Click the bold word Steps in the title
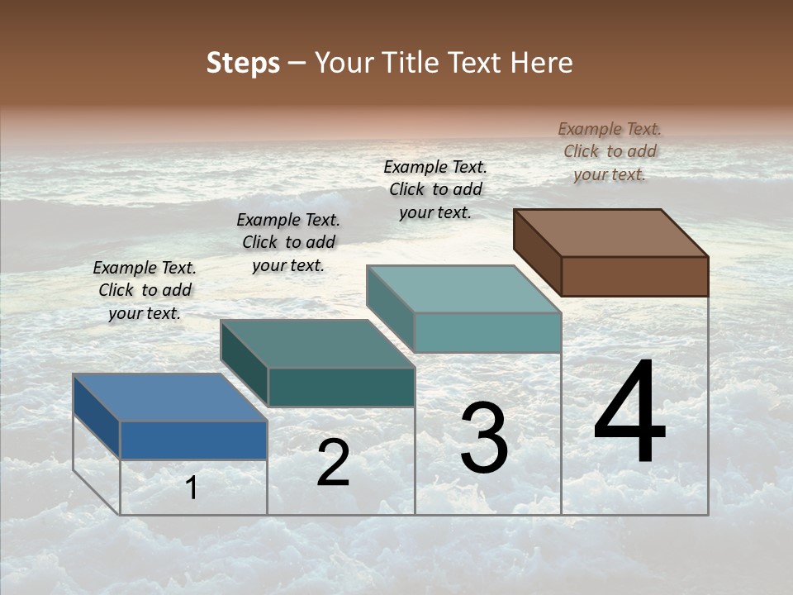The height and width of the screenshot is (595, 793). click(x=243, y=63)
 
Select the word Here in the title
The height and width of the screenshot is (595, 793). click(x=542, y=63)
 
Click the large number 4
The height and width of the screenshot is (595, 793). click(x=629, y=413)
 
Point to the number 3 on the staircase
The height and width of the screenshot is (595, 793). click(x=484, y=438)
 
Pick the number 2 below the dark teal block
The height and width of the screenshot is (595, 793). click(x=333, y=463)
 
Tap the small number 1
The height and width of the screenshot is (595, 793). click(x=192, y=488)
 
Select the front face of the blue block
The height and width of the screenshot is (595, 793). click(x=193, y=440)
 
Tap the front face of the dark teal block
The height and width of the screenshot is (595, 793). click(x=341, y=387)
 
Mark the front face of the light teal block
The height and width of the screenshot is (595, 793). click(x=487, y=332)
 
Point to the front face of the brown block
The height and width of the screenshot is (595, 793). click(x=634, y=276)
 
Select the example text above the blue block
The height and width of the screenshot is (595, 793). click(x=145, y=290)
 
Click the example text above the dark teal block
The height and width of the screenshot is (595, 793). click(x=288, y=242)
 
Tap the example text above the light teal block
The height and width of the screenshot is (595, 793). click(x=435, y=189)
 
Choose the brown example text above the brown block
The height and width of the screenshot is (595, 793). click(x=610, y=151)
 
